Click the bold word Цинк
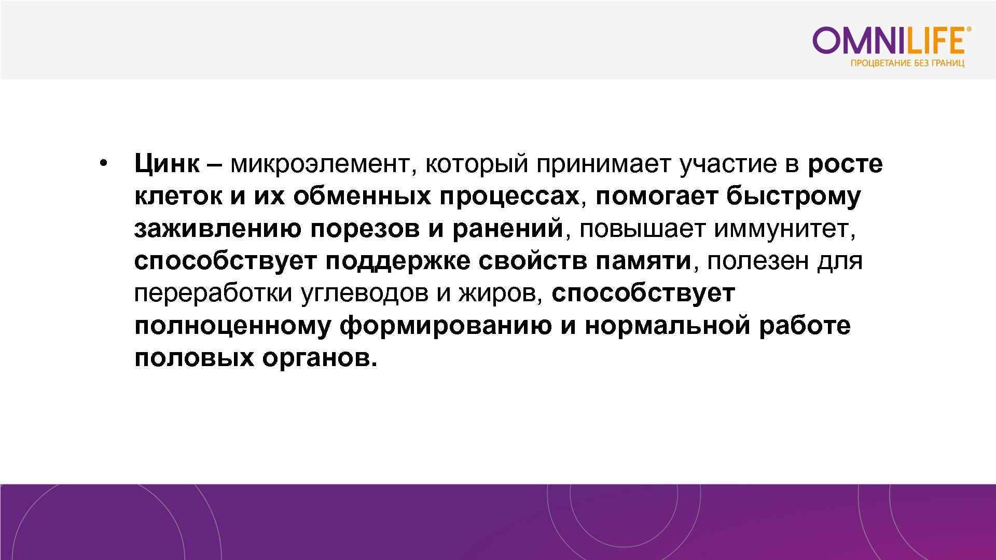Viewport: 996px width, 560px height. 167,164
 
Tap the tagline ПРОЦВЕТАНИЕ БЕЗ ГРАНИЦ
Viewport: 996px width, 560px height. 907,63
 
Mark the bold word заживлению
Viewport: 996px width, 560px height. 217,229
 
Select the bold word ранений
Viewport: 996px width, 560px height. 507,229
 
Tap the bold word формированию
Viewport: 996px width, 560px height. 446,326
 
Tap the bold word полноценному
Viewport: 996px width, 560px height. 232,326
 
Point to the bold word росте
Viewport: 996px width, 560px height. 845,164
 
